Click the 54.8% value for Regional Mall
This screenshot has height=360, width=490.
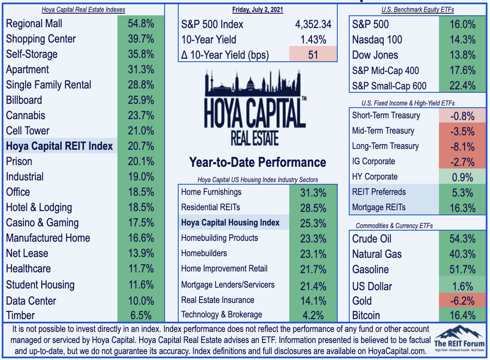(141, 23)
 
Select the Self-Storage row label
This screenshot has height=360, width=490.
(32, 54)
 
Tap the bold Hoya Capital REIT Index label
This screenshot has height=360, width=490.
(60, 146)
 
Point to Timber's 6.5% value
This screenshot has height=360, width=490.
(141, 315)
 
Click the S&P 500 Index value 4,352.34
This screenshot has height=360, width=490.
(313, 24)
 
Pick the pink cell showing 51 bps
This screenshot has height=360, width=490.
(313, 54)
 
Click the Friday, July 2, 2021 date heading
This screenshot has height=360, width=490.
(257, 10)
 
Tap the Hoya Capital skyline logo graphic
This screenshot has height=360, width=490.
(255, 108)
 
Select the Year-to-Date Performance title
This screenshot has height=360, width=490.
(257, 163)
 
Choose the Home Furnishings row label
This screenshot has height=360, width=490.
(211, 192)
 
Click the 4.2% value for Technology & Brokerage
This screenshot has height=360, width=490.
(313, 315)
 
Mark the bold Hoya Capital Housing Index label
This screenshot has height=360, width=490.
(230, 223)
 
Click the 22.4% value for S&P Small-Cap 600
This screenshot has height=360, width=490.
(462, 86)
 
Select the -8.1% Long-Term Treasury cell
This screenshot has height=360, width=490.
(462, 146)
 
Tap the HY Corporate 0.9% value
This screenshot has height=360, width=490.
(462, 177)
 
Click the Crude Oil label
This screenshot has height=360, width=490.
(372, 239)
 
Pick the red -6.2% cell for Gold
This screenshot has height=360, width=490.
(462, 300)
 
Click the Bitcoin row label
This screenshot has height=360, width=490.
(366, 315)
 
